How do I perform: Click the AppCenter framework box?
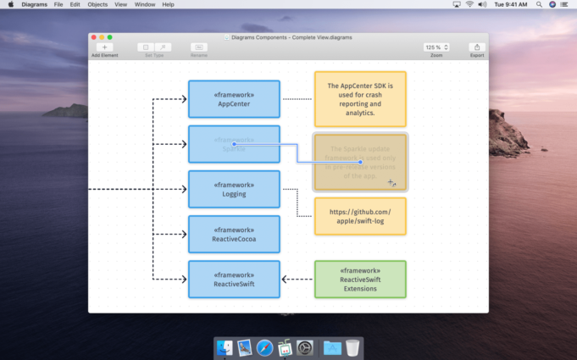pyautogui.click(x=234, y=99)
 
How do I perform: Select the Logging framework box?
pyautogui.click(x=234, y=189)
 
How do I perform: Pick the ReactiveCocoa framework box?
pyautogui.click(x=234, y=234)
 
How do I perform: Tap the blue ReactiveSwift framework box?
pyautogui.click(x=234, y=280)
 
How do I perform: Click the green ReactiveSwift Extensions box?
pyautogui.click(x=360, y=280)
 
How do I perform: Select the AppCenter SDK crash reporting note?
pyautogui.click(x=360, y=99)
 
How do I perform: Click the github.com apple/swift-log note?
pyautogui.click(x=360, y=216)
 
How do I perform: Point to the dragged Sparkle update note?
pyautogui.click(x=360, y=161)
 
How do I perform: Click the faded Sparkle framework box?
pyautogui.click(x=234, y=144)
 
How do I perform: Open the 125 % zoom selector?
pyautogui.click(x=436, y=47)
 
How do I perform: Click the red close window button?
pyautogui.click(x=93, y=37)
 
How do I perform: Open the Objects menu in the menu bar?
pyautogui.click(x=97, y=4)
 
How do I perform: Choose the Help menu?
pyautogui.click(x=168, y=4)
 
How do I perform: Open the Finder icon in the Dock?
pyautogui.click(x=225, y=347)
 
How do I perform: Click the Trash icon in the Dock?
pyautogui.click(x=352, y=347)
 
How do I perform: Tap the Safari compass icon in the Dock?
pyautogui.click(x=265, y=347)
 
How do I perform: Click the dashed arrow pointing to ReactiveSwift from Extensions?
pyautogui.click(x=297, y=280)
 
